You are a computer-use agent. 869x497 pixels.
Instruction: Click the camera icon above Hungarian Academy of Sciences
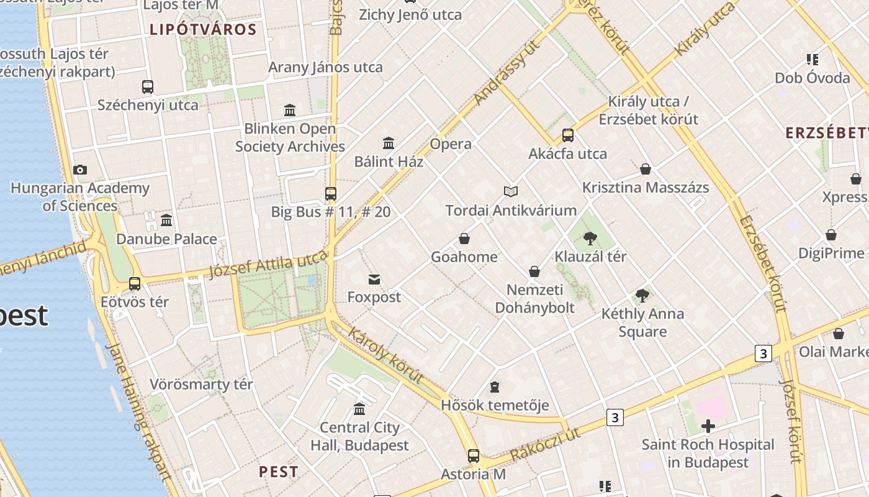click(x=80, y=170)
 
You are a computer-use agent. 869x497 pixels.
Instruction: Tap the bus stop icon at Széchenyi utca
click(x=148, y=87)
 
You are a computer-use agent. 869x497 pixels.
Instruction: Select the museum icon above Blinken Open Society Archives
click(x=290, y=111)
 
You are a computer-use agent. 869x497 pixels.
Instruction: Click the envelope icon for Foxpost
click(x=374, y=279)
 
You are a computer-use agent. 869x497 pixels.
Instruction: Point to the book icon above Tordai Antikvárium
click(x=511, y=191)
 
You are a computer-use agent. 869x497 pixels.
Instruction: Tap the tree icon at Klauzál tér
click(x=590, y=238)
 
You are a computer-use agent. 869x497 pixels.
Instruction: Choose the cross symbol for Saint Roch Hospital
click(x=708, y=426)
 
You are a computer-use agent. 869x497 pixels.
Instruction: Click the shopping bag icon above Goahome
click(x=464, y=239)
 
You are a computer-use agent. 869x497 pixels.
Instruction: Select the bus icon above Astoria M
click(x=474, y=456)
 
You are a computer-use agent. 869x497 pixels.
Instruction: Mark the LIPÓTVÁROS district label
click(x=203, y=29)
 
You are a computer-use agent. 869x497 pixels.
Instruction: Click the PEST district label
click(x=279, y=472)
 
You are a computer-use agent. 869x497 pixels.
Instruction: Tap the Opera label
click(x=451, y=144)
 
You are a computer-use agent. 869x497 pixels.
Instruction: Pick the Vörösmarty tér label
click(x=201, y=385)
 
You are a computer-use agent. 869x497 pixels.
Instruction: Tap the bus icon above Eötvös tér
click(x=135, y=284)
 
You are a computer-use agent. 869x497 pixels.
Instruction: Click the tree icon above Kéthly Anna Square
click(x=642, y=296)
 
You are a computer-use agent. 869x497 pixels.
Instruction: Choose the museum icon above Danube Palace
click(x=166, y=221)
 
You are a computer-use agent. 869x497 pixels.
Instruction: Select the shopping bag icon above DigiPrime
click(x=831, y=235)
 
